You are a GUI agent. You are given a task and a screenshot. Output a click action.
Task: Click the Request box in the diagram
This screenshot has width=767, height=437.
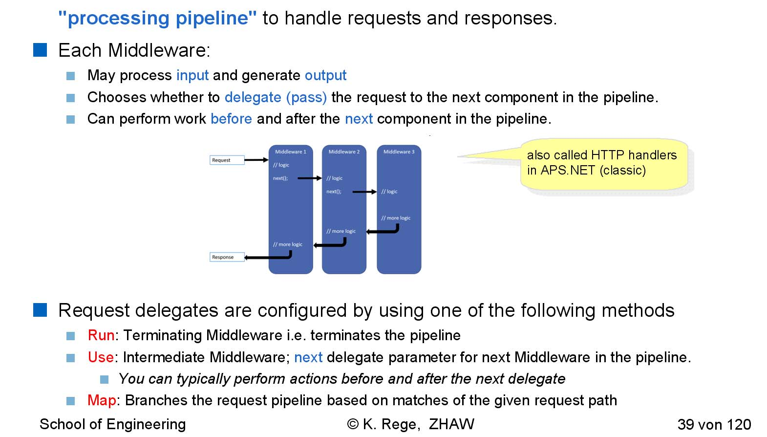(227, 160)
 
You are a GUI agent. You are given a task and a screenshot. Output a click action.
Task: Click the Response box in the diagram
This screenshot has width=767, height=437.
(227, 257)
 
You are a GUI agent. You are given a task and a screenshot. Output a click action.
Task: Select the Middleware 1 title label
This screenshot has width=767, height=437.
(291, 152)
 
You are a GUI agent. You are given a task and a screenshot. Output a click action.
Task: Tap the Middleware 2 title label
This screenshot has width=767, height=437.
(344, 152)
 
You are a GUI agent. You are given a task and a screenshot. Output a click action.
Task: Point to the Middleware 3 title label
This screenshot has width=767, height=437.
(399, 152)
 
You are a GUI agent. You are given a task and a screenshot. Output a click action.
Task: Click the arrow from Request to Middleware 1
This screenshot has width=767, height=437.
(256, 160)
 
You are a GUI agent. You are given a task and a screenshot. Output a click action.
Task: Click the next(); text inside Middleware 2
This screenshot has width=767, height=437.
(334, 192)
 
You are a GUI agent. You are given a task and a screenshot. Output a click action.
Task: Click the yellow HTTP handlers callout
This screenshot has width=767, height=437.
(604, 164)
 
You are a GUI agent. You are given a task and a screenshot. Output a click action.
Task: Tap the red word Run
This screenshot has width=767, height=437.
(101, 335)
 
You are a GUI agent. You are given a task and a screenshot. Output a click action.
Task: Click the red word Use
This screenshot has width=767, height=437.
(101, 357)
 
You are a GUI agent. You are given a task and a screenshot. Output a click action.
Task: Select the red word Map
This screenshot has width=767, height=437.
(102, 400)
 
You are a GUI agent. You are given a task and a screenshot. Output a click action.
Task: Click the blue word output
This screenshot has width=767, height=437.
(325, 75)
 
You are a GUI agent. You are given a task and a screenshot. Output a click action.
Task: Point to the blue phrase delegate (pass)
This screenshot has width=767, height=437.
(276, 97)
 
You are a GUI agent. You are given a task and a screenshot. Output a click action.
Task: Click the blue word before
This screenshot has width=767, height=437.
(231, 119)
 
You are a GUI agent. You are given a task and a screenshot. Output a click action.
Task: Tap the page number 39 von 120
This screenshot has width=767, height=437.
(714, 424)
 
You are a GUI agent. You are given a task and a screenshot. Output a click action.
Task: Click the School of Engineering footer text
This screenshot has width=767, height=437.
(112, 424)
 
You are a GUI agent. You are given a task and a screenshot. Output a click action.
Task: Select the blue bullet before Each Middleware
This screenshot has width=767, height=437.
(40, 50)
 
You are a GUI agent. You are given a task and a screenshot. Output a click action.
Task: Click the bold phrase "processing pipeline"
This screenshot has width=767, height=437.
(157, 19)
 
